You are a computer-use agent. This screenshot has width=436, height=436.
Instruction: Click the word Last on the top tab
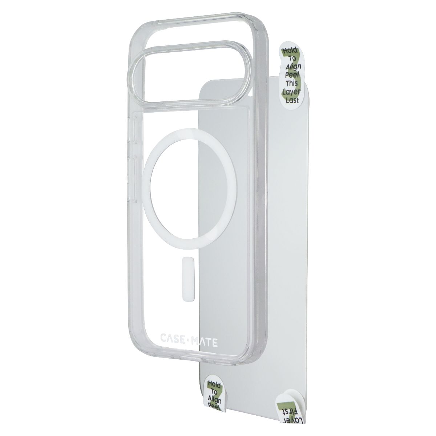click(x=292, y=100)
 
